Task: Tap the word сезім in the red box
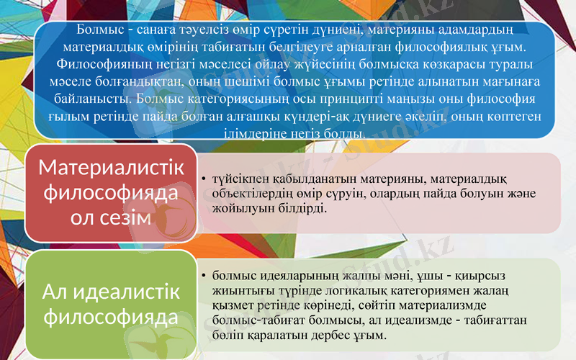pos(130,218)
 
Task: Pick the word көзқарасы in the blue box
pos(454,64)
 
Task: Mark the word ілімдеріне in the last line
pos(268,132)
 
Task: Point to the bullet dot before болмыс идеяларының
pos(204,275)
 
